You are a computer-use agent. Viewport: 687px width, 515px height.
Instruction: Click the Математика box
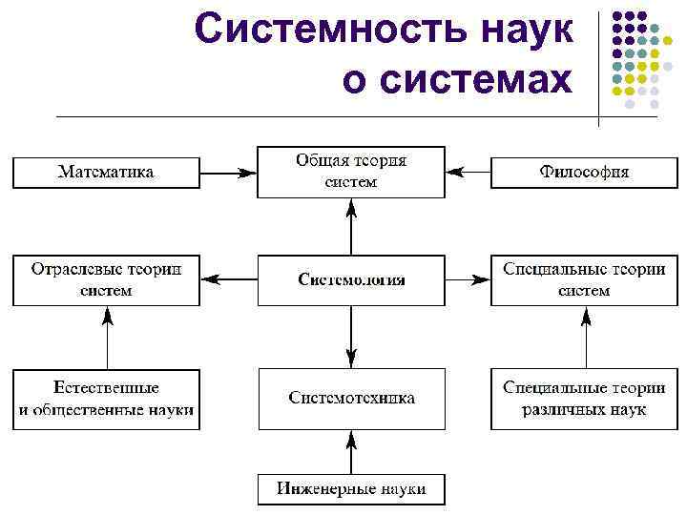click(106, 173)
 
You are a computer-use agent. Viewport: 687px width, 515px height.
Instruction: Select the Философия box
click(584, 173)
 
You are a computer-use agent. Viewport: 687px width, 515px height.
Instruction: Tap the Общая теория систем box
click(351, 172)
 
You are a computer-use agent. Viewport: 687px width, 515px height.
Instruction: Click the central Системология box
click(351, 280)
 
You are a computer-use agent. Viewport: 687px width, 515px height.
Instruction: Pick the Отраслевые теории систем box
click(106, 280)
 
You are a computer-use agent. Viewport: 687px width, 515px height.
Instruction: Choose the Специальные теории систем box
click(584, 280)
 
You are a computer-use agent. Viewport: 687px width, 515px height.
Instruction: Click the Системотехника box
click(351, 398)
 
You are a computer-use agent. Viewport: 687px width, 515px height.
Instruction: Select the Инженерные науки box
click(351, 489)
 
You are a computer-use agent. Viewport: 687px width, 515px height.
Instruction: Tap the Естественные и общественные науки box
click(106, 399)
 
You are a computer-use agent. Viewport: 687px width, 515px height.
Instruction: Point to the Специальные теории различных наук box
click(584, 399)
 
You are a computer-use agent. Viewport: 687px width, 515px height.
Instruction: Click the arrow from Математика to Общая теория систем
click(229, 173)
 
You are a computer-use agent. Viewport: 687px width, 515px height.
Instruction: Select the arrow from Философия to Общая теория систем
click(468, 173)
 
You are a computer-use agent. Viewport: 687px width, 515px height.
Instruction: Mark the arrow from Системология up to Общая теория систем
click(351, 226)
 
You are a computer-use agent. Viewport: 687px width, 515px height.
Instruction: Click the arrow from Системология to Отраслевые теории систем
click(229, 280)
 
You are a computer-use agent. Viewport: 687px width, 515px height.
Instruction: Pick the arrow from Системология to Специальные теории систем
click(468, 280)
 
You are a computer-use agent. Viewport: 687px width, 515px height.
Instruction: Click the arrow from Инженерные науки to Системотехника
click(351, 451)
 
